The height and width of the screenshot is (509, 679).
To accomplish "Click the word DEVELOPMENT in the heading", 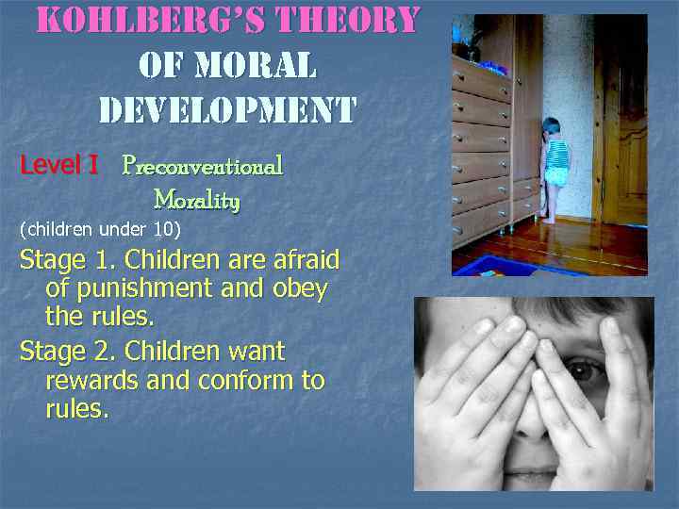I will click(x=227, y=110).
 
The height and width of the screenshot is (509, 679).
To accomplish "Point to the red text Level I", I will click(x=59, y=166).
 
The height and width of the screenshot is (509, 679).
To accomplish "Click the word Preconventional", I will click(x=203, y=167).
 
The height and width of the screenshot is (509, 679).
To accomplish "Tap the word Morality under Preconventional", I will click(x=196, y=200).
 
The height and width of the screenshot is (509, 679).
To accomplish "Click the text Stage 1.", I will click(x=67, y=259).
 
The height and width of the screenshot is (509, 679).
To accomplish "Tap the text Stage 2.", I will click(x=68, y=352).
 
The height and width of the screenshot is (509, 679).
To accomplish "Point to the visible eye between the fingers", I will click(x=587, y=370).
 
